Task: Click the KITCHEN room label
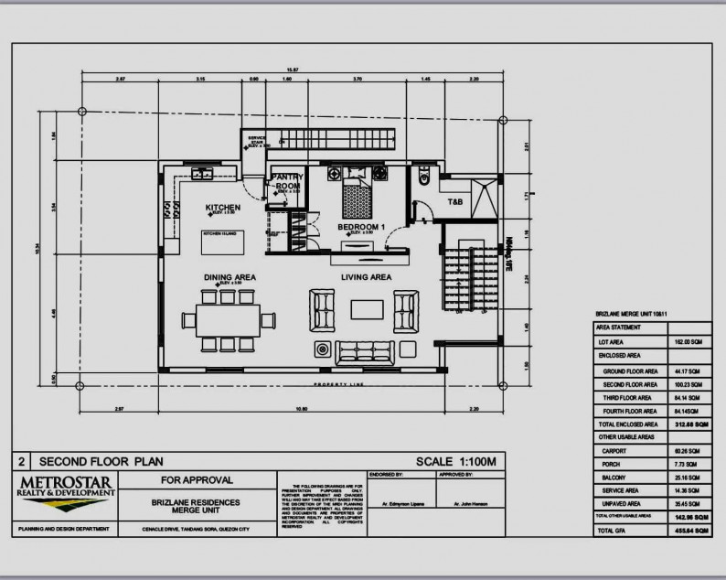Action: click(222, 208)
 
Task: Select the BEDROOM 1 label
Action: click(362, 226)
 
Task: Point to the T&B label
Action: click(454, 200)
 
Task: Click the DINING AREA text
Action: click(229, 276)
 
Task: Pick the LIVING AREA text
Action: click(366, 276)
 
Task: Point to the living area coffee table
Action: click(366, 310)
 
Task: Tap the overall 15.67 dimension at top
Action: click(292, 70)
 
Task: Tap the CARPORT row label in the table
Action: click(613, 451)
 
